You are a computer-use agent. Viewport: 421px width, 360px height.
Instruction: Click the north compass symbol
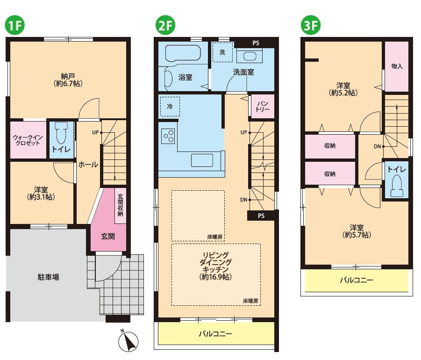click(x=128, y=341)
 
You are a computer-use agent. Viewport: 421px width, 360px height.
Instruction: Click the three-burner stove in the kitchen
click(x=168, y=136)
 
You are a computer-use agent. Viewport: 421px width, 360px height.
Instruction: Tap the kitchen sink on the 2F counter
click(x=202, y=160)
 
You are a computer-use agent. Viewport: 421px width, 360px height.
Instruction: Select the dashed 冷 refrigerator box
click(x=170, y=107)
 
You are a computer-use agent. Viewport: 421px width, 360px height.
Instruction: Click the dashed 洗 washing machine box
click(x=222, y=52)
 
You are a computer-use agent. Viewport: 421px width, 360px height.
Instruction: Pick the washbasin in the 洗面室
click(x=250, y=56)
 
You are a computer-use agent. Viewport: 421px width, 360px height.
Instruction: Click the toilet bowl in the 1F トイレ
click(x=62, y=133)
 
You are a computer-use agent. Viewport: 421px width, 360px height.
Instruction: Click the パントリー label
click(x=263, y=107)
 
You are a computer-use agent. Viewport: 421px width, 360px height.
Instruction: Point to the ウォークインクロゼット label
click(x=28, y=140)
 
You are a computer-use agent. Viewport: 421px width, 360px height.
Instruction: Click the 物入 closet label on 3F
click(x=397, y=66)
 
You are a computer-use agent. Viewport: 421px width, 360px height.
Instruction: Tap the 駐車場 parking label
click(x=48, y=277)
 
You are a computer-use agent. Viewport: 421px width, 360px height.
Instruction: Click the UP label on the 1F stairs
click(x=95, y=132)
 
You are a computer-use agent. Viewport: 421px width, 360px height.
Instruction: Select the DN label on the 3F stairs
click(x=377, y=146)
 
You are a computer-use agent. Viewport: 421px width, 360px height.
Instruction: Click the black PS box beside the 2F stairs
click(x=261, y=216)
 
